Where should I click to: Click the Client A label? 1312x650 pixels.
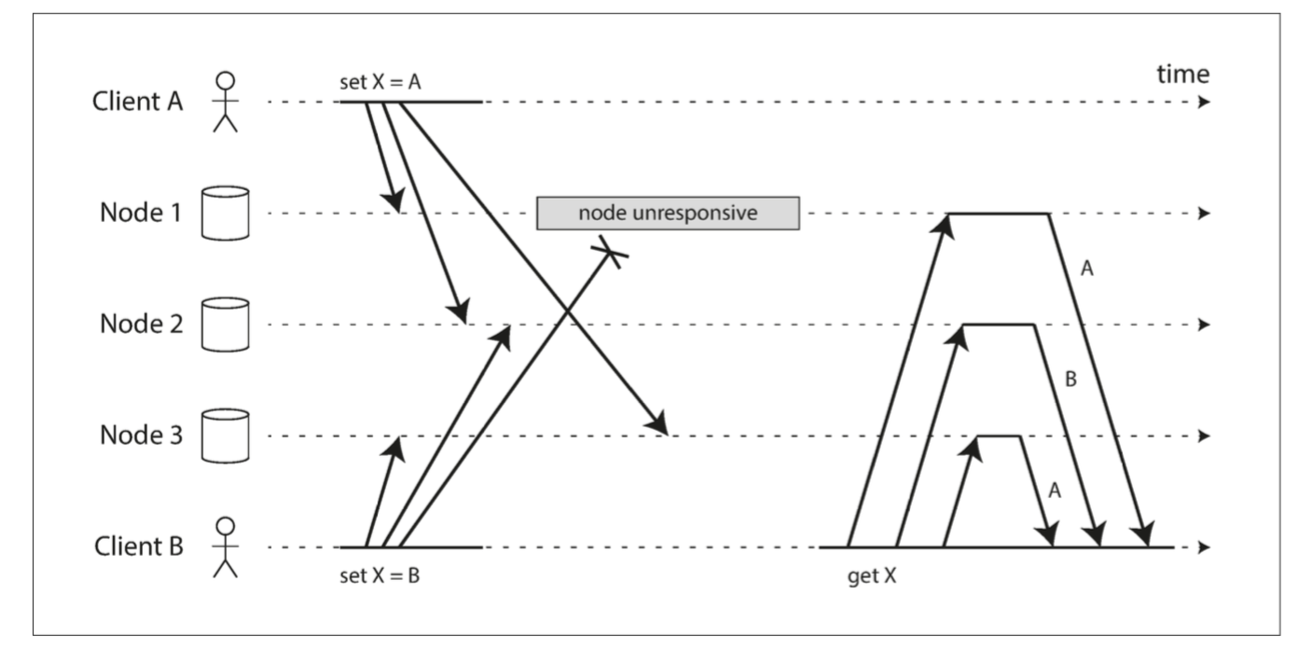(138, 102)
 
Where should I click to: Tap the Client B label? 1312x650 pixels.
(139, 546)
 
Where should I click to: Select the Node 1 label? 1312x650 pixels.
(141, 213)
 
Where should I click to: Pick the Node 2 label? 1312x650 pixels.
(141, 324)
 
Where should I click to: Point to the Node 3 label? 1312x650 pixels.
(141, 436)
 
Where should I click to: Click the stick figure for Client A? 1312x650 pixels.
(226, 102)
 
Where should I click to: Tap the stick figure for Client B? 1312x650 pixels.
(226, 546)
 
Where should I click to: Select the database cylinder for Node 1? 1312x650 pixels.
(226, 214)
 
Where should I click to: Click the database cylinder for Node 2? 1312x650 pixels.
(226, 325)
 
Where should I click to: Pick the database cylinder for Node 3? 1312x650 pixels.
(226, 436)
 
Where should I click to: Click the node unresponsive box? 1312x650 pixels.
(669, 214)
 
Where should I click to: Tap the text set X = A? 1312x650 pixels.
(380, 82)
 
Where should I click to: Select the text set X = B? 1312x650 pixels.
(380, 575)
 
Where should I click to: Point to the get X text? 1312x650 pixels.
(872, 576)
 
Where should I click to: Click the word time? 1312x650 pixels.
(1183, 75)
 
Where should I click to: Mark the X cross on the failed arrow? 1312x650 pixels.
(610, 253)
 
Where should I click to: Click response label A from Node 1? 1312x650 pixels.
(1087, 269)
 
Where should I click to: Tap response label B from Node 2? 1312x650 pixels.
(1070, 380)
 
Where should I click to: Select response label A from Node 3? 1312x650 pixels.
(1055, 491)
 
